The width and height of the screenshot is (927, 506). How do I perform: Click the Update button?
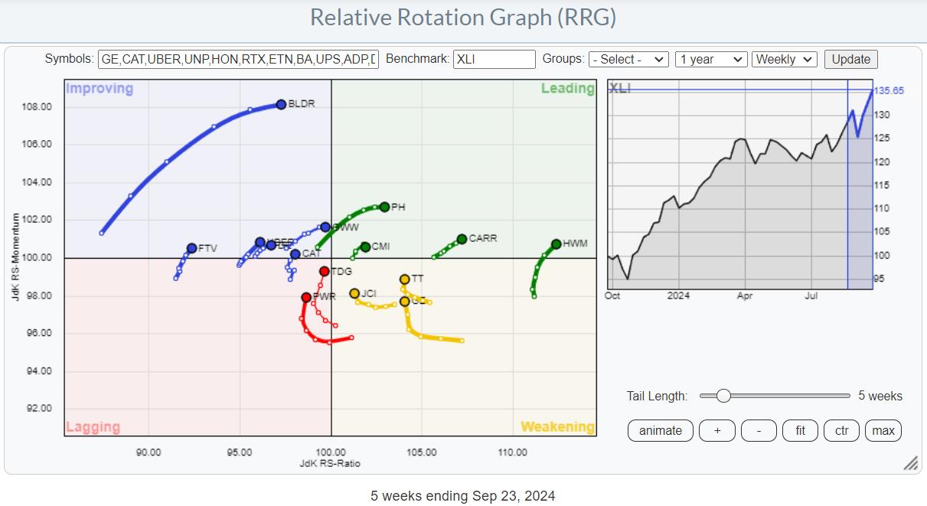(851, 60)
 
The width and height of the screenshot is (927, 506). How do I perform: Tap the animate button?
(660, 430)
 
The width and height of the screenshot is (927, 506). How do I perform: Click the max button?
(883, 430)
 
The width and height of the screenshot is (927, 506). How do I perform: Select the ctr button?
(841, 430)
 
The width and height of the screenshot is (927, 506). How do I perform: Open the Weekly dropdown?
(785, 60)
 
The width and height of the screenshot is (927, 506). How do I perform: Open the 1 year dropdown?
(711, 60)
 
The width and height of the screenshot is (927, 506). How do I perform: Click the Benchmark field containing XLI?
(494, 60)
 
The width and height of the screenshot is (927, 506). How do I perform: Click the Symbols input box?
(238, 60)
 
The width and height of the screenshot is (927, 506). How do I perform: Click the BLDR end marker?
(281, 104)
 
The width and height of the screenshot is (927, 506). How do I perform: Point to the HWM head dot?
(556, 244)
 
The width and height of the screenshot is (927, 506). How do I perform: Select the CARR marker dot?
(462, 239)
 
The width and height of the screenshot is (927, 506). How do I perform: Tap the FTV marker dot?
(191, 248)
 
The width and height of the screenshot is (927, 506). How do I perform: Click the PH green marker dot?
(384, 207)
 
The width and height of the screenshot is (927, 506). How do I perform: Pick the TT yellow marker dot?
(405, 279)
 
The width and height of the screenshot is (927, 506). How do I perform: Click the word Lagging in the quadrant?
(93, 427)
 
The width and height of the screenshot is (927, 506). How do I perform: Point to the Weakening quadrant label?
(557, 427)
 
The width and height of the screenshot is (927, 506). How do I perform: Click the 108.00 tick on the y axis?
(37, 106)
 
